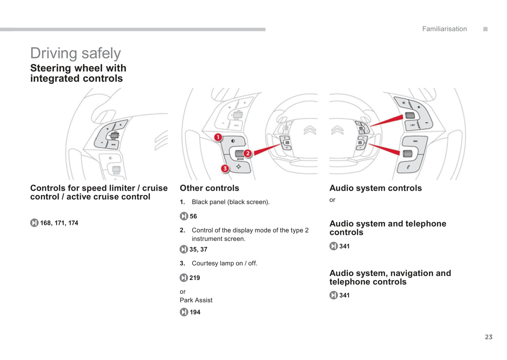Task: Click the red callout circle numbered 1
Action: coord(218,137)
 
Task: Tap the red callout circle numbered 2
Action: coord(248,153)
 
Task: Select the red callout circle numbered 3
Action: coord(225,168)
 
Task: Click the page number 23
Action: coord(488,337)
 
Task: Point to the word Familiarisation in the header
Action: coord(444,29)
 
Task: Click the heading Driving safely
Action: coord(75,53)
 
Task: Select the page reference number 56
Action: coord(193,216)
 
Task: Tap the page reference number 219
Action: coord(195,278)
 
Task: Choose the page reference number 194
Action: coord(195,312)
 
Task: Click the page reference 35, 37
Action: coord(198,249)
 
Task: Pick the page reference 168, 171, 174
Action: coord(59,223)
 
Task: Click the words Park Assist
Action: coord(196,300)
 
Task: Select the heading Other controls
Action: coord(209,188)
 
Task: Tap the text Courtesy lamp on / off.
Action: coord(224,264)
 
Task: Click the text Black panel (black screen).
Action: coord(231,202)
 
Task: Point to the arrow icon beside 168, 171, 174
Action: coord(34,223)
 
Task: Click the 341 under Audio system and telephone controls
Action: coord(344,246)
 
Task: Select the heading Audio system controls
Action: coord(375,188)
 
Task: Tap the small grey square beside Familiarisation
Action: coord(485,29)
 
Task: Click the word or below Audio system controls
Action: coord(332,200)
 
